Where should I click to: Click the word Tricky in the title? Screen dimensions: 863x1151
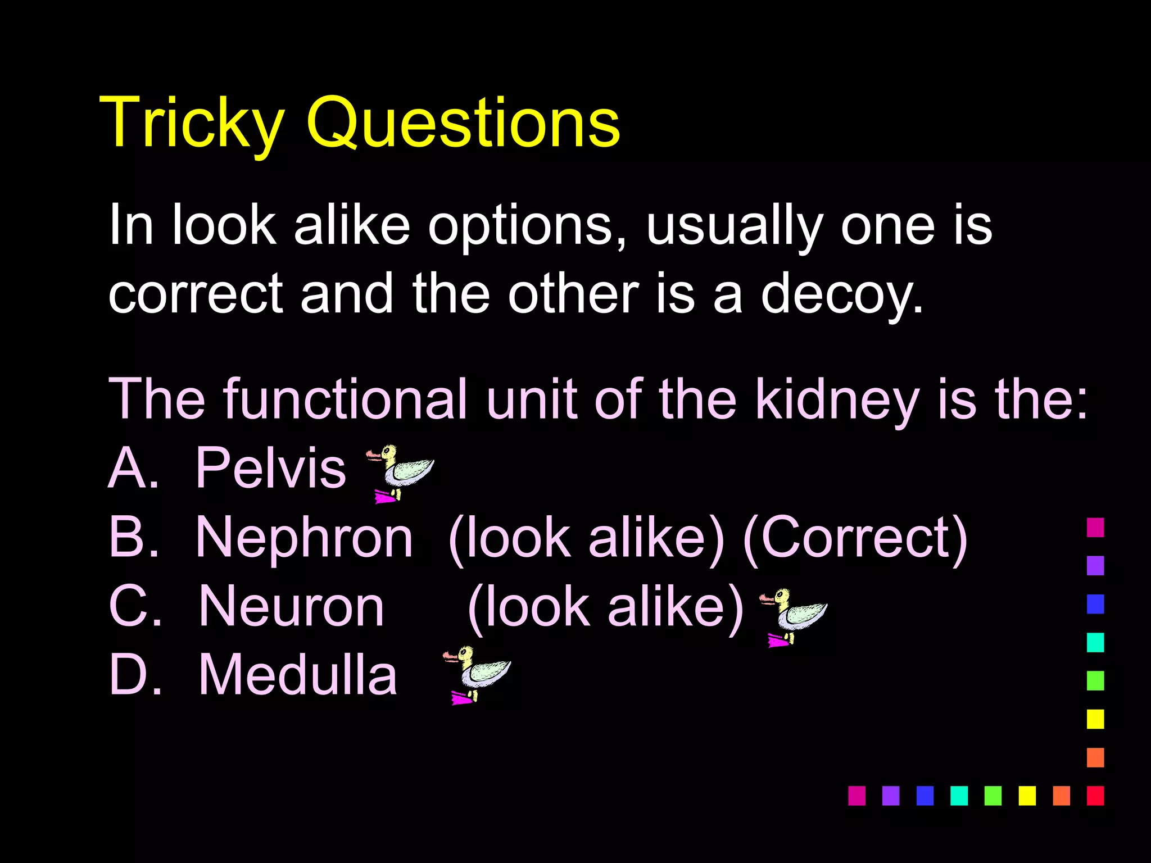tap(191, 122)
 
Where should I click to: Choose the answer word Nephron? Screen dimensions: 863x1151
tap(304, 538)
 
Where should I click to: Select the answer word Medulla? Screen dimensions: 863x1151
tap(298, 675)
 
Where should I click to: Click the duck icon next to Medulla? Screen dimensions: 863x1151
tap(478, 674)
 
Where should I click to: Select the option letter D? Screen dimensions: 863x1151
tap(134, 675)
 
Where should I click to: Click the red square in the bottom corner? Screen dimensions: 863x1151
tap(1095, 796)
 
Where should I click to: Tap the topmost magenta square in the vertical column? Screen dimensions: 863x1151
tap(1095, 528)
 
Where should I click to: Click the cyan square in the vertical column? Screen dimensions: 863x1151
tap(1095, 642)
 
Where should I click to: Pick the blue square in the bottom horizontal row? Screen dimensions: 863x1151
tap(925, 796)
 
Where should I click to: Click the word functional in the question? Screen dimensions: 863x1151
tap(345, 399)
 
